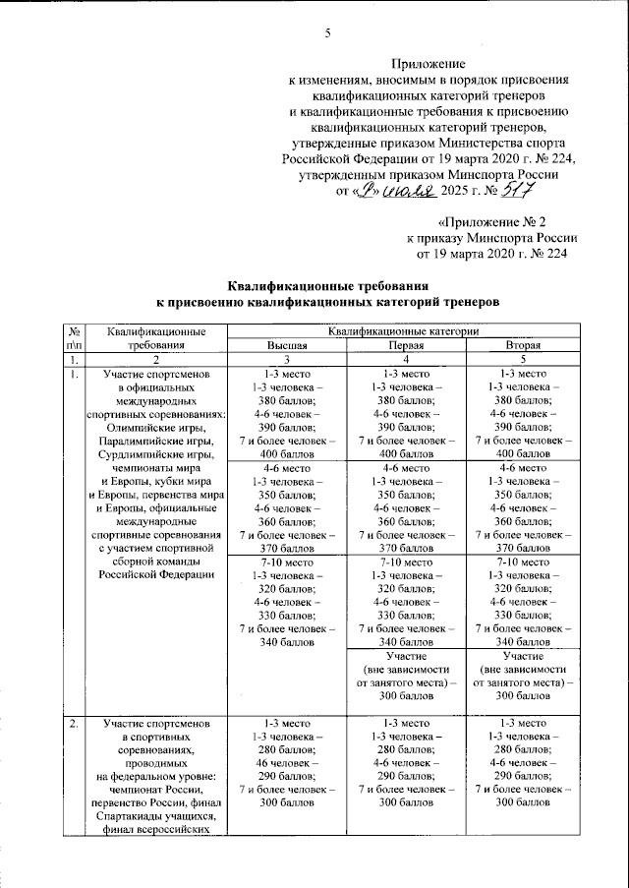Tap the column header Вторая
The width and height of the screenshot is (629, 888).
pyautogui.click(x=520, y=347)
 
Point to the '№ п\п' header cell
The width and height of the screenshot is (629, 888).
pyautogui.click(x=73, y=340)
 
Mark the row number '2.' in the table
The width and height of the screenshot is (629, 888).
pyautogui.click(x=73, y=724)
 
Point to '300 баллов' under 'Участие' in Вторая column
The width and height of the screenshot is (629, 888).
pyautogui.click(x=520, y=695)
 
